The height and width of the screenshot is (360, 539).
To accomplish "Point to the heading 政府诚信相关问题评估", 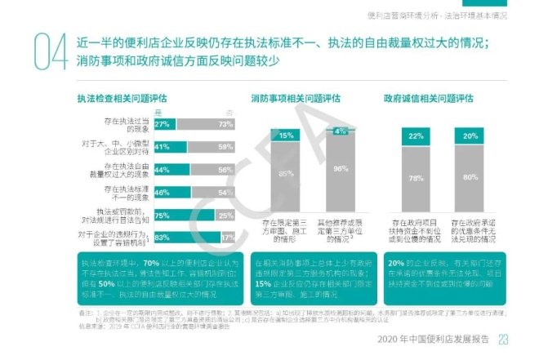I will pos(429,99).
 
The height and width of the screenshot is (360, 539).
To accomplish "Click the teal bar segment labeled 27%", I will pos(163,124).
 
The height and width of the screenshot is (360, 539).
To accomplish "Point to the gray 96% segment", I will pos(342,171).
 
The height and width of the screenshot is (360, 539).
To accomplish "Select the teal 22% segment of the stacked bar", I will pos(416,136).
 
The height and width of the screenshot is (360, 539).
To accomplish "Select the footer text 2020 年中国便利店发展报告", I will pos(436,339).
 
